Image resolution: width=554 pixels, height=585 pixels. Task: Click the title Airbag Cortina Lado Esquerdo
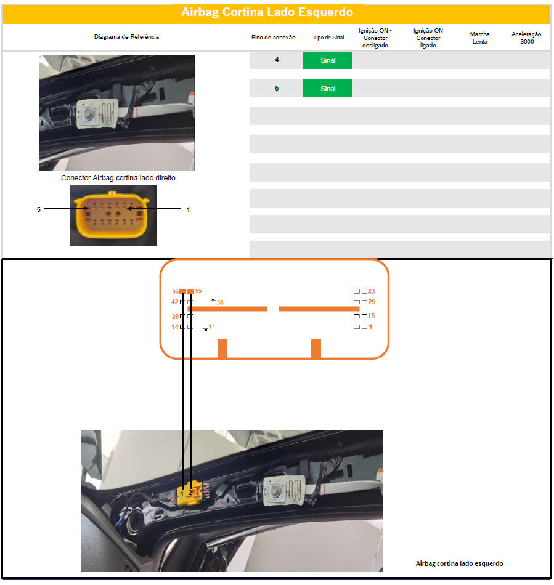pyautogui.click(x=267, y=12)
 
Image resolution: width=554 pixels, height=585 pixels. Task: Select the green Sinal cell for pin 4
pyautogui.click(x=327, y=60)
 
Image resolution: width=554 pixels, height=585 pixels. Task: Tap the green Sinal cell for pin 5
pyautogui.click(x=327, y=89)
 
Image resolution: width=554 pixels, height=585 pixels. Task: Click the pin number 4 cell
pyautogui.click(x=277, y=60)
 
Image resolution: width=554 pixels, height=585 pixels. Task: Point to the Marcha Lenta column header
pyautogui.click(x=479, y=38)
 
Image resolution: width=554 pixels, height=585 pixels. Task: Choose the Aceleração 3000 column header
pyautogui.click(x=526, y=38)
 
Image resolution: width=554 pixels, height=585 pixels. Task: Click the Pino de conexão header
pyautogui.click(x=273, y=38)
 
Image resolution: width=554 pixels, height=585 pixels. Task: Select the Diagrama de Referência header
pyautogui.click(x=126, y=36)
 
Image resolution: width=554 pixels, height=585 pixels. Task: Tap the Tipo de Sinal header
pyautogui.click(x=328, y=38)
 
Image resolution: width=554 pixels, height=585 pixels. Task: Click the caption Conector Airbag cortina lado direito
pyautogui.click(x=118, y=177)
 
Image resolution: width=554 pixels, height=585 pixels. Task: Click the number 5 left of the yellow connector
pyautogui.click(x=38, y=209)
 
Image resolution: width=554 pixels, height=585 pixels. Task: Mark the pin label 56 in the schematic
pyautogui.click(x=175, y=291)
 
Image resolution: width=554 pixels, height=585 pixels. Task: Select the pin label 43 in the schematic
pyautogui.click(x=371, y=291)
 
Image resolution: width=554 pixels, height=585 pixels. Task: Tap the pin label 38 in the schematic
pyautogui.click(x=220, y=302)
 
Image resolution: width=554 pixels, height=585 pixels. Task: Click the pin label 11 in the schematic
pyautogui.click(x=211, y=327)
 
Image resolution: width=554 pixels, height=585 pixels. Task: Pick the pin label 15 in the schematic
pyautogui.click(x=371, y=316)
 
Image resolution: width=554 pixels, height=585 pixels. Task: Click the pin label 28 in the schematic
pyautogui.click(x=175, y=317)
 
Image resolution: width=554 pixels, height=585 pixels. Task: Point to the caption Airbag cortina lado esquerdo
pyautogui.click(x=459, y=563)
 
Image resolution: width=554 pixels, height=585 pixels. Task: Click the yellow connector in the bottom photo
pyautogui.click(x=190, y=494)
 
